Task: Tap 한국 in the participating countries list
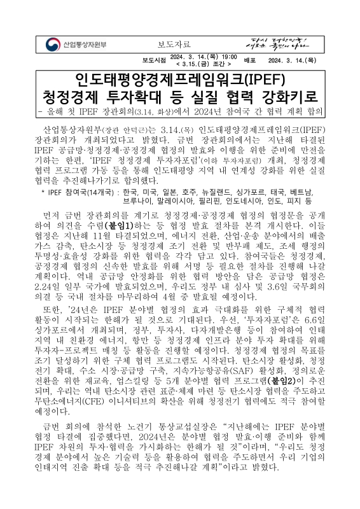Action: pyautogui.click(x=131, y=173)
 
